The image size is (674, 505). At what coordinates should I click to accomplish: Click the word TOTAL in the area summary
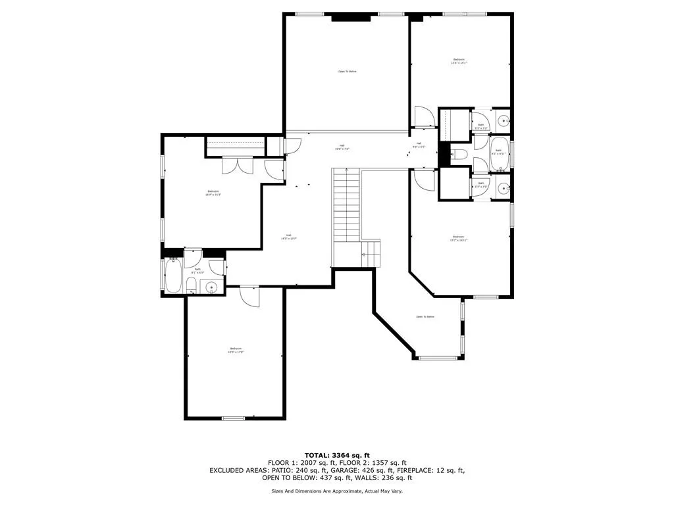click(x=318, y=455)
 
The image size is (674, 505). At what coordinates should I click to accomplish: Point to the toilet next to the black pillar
click(x=460, y=156)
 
